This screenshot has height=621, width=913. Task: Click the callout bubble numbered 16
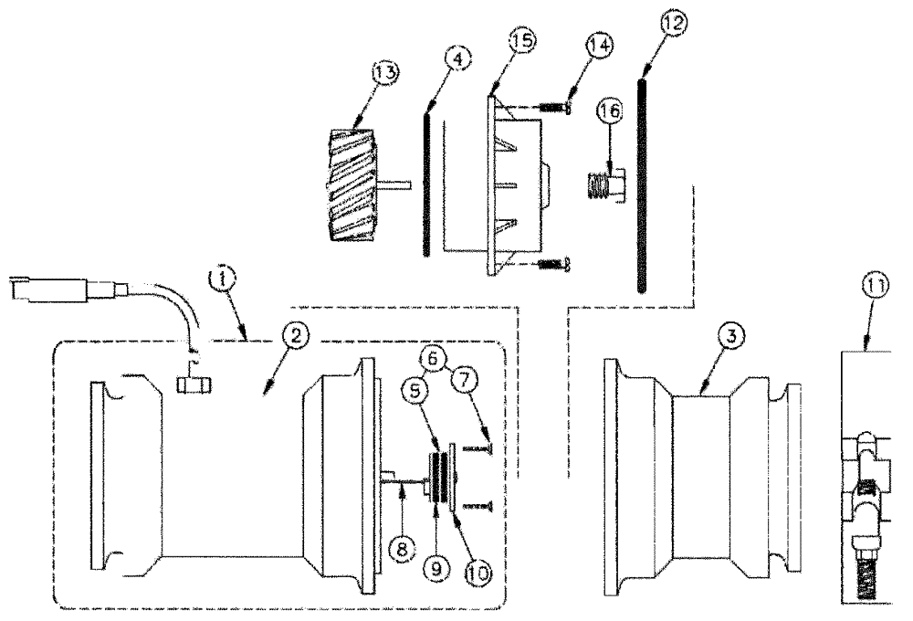pos(611,111)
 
